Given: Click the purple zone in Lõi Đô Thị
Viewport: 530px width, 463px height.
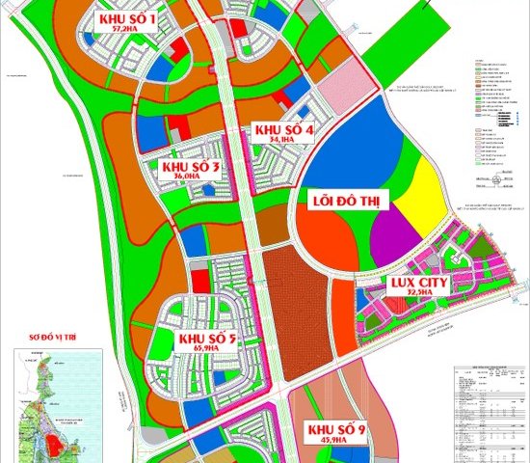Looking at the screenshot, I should coord(390,231).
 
